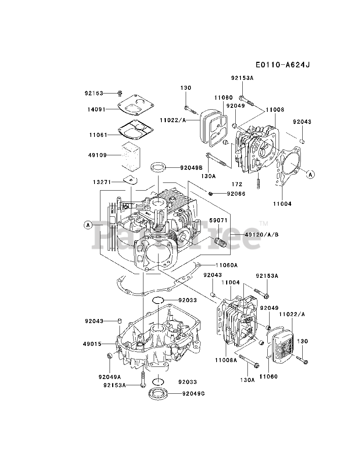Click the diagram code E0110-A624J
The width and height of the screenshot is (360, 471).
[283, 64]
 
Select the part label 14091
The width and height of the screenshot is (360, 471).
[96, 109]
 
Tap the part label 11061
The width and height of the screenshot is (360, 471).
[98, 135]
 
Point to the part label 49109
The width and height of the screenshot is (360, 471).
[97, 155]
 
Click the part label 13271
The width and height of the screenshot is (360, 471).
[102, 182]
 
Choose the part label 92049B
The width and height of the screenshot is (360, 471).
[191, 167]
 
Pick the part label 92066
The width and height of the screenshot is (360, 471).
[236, 194]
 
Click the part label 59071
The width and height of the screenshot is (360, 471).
[218, 220]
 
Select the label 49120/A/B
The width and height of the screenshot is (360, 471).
[261, 235]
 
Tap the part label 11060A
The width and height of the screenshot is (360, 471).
[227, 265]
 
